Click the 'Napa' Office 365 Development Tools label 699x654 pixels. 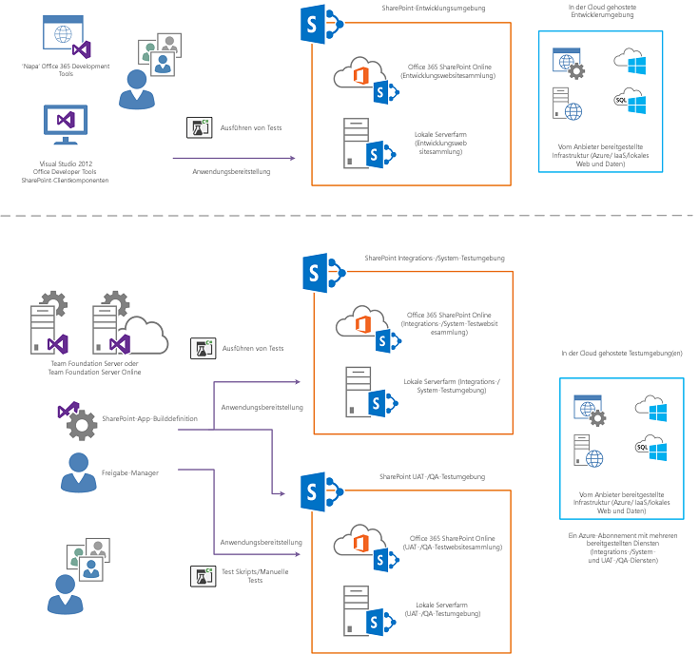point(66,70)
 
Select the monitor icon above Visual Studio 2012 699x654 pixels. point(66,125)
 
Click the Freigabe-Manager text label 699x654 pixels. point(130,471)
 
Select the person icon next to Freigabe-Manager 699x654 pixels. point(77,471)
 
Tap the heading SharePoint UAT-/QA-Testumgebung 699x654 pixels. point(433,476)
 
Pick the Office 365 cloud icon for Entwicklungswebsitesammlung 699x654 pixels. point(356,73)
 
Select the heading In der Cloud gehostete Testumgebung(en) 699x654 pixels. point(621,353)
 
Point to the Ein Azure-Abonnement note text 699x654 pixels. point(622,548)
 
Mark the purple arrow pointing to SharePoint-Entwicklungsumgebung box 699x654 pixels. point(238,158)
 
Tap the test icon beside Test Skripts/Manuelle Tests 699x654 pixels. point(201,575)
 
